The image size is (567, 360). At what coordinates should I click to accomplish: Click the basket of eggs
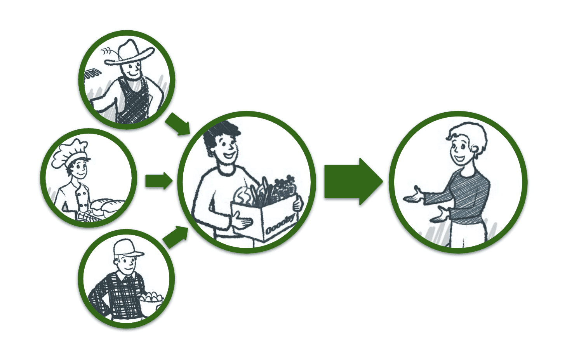click(152, 298)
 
